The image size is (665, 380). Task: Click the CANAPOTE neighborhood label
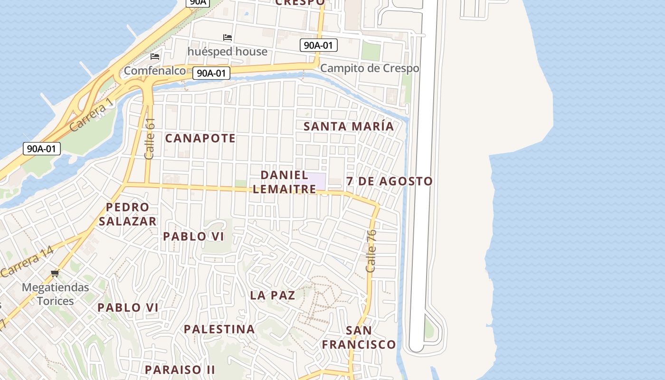[x=200, y=138]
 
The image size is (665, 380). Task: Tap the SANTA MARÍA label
[x=349, y=126]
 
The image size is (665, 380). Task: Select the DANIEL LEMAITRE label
[x=284, y=182]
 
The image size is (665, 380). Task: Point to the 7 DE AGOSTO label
[x=389, y=181]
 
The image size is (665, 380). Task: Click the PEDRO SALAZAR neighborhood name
[x=127, y=214]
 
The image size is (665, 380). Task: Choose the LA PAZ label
[x=273, y=295]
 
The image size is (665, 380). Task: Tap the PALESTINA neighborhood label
[x=219, y=329]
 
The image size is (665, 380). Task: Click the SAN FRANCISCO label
[x=359, y=337]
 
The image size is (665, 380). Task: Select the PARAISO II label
[x=180, y=369]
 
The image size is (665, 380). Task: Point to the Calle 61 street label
[x=150, y=138]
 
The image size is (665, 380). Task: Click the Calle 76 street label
[x=371, y=251]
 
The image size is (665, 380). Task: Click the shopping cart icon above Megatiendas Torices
[x=55, y=273]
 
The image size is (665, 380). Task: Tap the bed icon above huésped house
[x=228, y=38]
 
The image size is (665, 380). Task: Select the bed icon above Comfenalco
[x=155, y=57]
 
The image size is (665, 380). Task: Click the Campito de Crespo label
[x=370, y=68]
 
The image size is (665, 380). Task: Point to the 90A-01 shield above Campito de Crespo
[x=319, y=46]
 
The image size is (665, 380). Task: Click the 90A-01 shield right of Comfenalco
[x=211, y=73]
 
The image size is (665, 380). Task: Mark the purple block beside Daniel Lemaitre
[x=311, y=181]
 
